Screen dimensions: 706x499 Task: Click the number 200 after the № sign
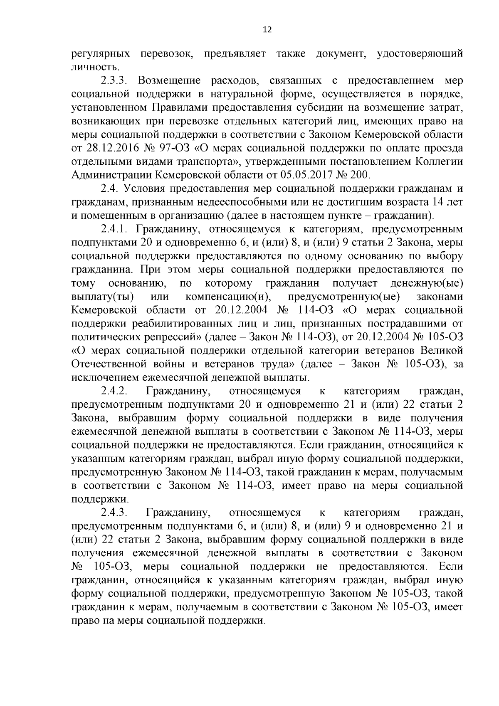pos(359,174)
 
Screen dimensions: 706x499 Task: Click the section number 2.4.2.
pos(116,391)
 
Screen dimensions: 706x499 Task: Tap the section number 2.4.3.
pos(116,513)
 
